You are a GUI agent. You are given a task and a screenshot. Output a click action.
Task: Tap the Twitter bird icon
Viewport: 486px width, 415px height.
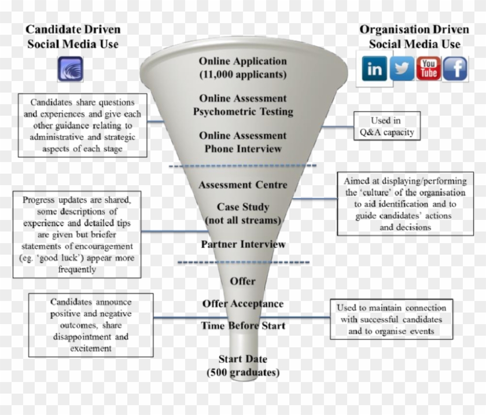[x=402, y=69]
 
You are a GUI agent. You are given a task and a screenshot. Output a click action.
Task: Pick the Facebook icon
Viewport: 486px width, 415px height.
[x=455, y=69]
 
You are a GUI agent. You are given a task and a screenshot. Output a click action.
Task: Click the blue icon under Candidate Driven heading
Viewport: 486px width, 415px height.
[x=70, y=69]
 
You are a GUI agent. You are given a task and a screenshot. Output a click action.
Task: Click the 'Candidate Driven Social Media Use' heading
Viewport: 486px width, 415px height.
[x=73, y=36]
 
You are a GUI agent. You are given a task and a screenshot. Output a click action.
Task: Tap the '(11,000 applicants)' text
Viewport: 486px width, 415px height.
[x=243, y=74]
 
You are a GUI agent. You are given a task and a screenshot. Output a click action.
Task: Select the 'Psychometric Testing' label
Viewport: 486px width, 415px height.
[x=243, y=111]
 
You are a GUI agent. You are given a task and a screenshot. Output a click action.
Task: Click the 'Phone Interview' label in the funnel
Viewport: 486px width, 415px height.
[x=243, y=148]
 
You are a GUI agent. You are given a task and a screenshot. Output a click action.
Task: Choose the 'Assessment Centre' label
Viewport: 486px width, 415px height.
[x=243, y=185]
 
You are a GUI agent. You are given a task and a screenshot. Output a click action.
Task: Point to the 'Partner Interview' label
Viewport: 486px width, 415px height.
[x=243, y=244]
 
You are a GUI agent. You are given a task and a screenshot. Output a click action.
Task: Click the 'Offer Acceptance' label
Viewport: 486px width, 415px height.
[x=243, y=304]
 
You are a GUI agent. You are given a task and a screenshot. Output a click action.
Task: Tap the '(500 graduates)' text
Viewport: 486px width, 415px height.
[x=243, y=372]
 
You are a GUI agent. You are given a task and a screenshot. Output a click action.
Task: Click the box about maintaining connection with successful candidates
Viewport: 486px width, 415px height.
[x=392, y=319]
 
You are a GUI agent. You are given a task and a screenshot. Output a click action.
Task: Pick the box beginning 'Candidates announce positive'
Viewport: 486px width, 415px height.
[x=91, y=325]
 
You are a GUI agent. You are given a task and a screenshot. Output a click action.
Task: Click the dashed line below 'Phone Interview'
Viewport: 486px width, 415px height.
[x=243, y=166]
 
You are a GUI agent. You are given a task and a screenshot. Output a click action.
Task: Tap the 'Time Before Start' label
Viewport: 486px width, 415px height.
[x=243, y=326]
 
